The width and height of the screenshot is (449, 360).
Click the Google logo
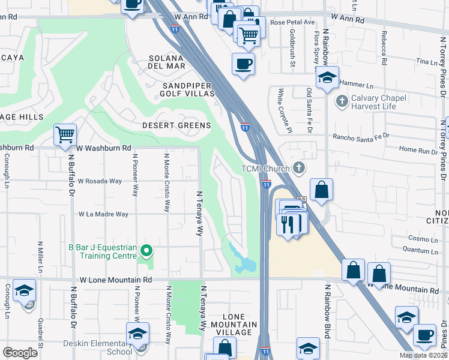coord(20,353)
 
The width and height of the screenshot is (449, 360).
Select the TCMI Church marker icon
coord(299,169)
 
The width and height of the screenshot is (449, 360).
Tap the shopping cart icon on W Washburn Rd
coord(65,135)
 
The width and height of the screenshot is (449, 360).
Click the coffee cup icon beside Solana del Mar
coord(243,64)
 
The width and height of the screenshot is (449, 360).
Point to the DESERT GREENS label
coord(176,125)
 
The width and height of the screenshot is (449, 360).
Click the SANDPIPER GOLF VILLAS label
coord(187,89)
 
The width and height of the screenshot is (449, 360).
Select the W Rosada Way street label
coord(100,181)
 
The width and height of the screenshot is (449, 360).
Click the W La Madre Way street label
coord(104,214)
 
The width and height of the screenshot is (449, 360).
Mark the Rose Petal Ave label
coord(293,22)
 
